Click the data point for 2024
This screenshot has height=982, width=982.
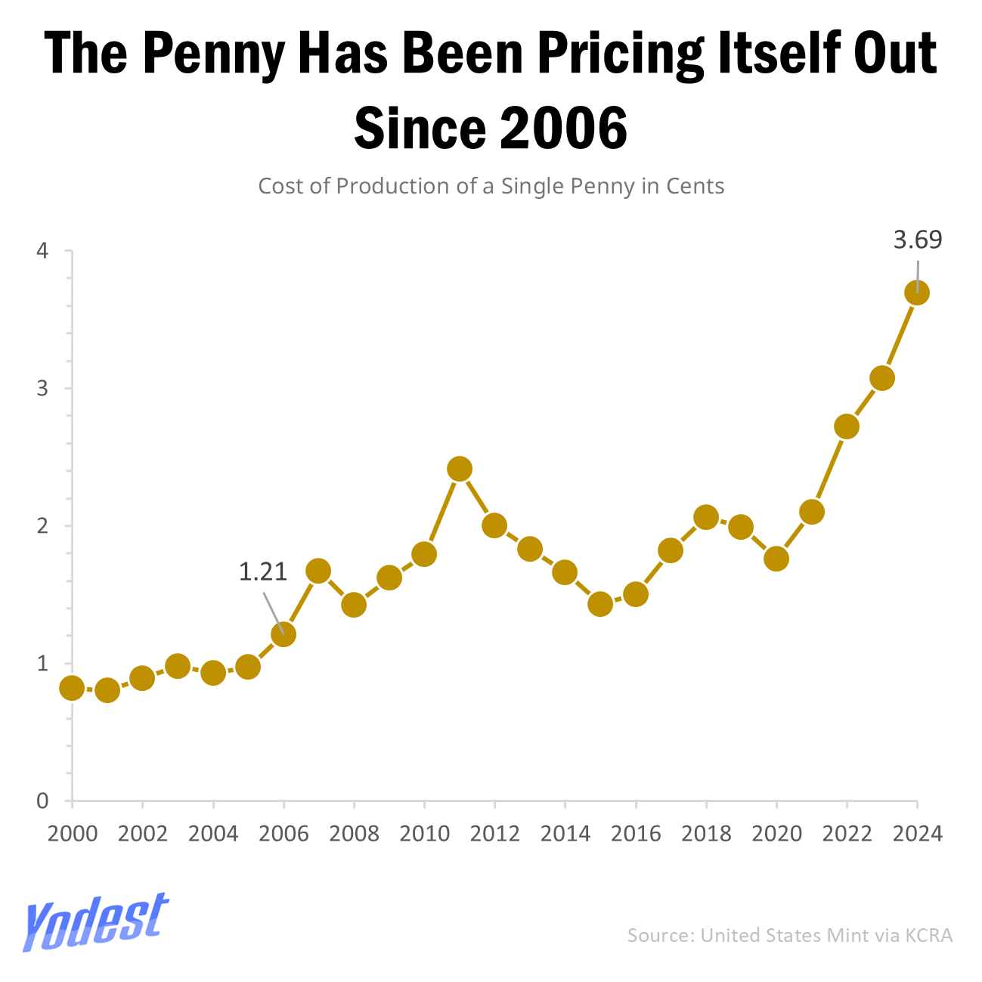[917, 293]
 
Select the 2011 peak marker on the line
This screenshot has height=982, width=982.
[460, 469]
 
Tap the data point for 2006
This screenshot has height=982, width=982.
[283, 634]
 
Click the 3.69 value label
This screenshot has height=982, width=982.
[918, 240]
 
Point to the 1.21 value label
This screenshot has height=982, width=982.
[263, 572]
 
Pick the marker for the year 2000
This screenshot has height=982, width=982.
[72, 688]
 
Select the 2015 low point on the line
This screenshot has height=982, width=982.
[600, 604]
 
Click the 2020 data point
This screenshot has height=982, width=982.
[776, 559]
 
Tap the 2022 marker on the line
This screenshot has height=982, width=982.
[847, 426]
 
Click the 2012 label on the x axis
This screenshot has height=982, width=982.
[494, 834]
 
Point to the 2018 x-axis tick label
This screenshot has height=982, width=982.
[706, 834]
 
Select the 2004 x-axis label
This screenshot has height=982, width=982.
[212, 834]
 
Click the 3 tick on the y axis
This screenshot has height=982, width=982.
[43, 389]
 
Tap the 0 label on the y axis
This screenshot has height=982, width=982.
[43, 801]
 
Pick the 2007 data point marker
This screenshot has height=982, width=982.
[318, 571]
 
